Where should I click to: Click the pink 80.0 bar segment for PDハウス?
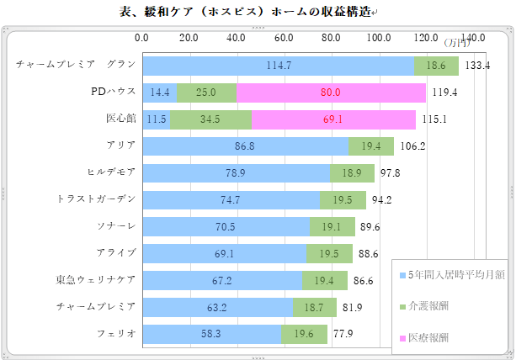click(332, 93)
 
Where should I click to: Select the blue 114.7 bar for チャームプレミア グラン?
click(279, 66)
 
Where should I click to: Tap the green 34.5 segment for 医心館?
click(210, 119)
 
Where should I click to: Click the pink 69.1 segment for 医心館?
click(333, 119)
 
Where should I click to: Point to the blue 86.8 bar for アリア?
click(246, 146)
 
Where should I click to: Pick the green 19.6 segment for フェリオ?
click(304, 334)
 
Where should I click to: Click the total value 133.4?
click(478, 66)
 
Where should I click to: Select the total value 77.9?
click(343, 334)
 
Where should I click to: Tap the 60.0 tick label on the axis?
click(284, 38)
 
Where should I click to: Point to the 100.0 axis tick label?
click(379, 38)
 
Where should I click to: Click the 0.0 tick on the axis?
click(141, 38)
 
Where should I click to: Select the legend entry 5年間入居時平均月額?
click(455, 275)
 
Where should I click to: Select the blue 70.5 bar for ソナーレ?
click(226, 226)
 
